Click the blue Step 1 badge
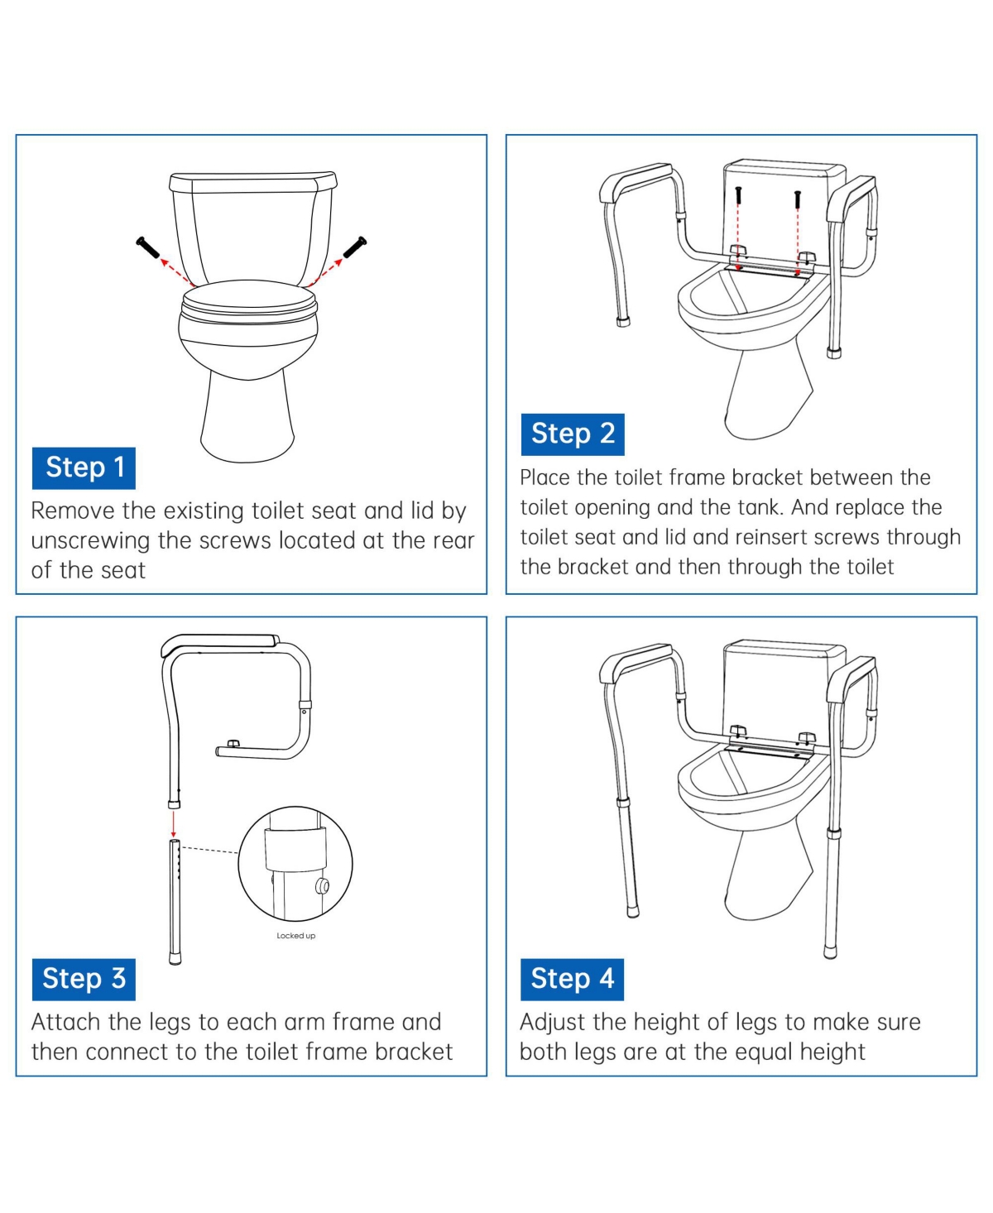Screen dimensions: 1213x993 pos(84,468)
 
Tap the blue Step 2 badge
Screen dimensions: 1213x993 pos(573,434)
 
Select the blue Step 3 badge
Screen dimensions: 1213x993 pos(84,980)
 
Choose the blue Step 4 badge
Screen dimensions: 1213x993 pos(573,980)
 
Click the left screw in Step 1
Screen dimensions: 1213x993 pos(147,247)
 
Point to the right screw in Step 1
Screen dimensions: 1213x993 pos(355,247)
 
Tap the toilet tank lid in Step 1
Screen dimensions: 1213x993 pos(253,182)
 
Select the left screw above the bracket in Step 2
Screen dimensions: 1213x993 pos(738,195)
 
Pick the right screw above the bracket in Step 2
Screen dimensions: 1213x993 pos(797,199)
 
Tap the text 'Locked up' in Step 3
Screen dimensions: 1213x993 pos(295,936)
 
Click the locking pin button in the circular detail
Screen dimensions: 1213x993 pos(321,886)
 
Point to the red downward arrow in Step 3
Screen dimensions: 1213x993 pos(174,823)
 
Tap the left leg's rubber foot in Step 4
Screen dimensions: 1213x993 pos(633,909)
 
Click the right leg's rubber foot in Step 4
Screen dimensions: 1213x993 pos(831,952)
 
